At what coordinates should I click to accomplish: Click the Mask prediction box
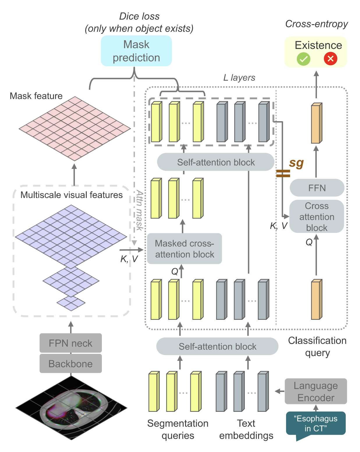pos(136,51)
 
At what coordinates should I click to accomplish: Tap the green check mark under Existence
pos(303,59)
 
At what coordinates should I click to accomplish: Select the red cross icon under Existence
pos(330,59)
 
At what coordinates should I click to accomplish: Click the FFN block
pos(317,188)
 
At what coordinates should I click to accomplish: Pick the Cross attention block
pos(317,217)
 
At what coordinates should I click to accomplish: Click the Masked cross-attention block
pos(185,249)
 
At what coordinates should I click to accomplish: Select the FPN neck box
pos(71,343)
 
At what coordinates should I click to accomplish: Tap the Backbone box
pos(71,364)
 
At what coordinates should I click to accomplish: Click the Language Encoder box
pos(316,391)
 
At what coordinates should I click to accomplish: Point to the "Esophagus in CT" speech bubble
pos(316,423)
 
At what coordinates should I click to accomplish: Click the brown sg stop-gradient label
pos(296,163)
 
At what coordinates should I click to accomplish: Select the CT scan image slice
pos(71,407)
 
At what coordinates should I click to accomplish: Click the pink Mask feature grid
pos(75,128)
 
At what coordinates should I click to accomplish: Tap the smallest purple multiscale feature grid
pos(71,303)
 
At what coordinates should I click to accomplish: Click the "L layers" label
pos(239,78)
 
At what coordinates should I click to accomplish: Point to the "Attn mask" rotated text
pos(139,210)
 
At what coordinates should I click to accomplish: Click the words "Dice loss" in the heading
pos(139,16)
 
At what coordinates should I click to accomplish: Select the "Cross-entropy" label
pos(316,24)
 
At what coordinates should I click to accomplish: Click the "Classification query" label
pos(317,347)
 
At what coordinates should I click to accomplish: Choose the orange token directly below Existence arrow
pos(316,123)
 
